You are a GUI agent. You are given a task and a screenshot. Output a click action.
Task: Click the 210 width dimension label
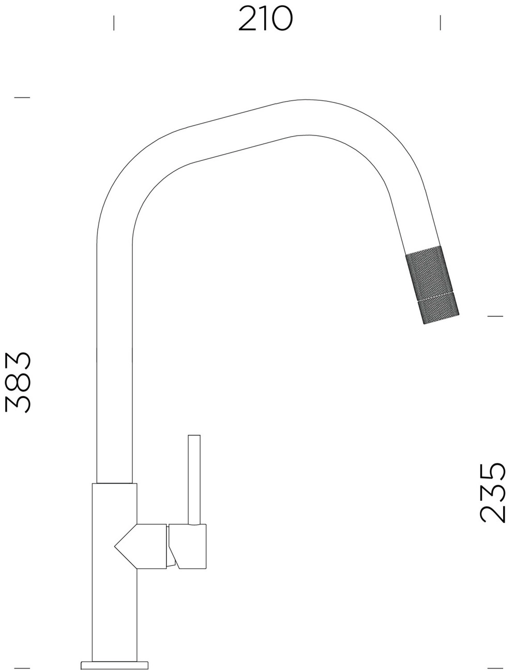(x=266, y=19)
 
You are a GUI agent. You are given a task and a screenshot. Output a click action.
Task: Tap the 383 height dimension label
(x=18, y=383)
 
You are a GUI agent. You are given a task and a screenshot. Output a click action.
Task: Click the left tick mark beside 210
(x=114, y=23)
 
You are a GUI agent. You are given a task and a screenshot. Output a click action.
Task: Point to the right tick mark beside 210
(x=440, y=23)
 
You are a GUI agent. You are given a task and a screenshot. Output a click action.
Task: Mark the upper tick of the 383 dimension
(x=22, y=97)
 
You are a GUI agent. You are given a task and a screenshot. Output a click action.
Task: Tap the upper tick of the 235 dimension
(x=495, y=316)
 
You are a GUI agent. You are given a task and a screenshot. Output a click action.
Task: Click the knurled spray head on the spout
(x=432, y=285)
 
